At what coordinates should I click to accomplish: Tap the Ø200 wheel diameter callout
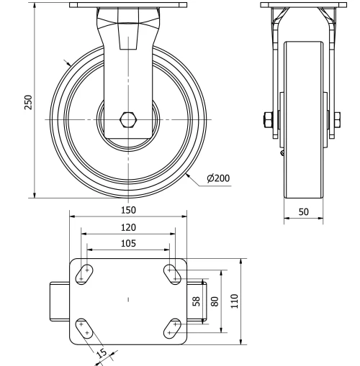point(218,178)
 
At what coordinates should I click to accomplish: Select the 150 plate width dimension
point(128,210)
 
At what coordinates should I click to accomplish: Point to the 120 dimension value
point(128,227)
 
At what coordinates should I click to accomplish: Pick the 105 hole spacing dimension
point(128,243)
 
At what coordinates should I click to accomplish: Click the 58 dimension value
point(197,301)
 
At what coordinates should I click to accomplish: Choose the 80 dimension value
point(213,301)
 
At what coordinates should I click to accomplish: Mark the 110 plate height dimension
point(234,301)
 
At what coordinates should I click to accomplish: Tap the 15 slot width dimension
point(102,352)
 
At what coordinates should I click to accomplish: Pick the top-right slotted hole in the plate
point(172,273)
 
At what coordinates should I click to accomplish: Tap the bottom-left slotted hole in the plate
point(85,329)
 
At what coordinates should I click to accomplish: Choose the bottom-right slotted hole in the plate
point(172,329)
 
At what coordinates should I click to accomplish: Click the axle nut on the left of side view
point(269,118)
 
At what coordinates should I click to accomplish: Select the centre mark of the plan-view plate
point(128,298)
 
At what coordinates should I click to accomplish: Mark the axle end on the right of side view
point(335,118)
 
